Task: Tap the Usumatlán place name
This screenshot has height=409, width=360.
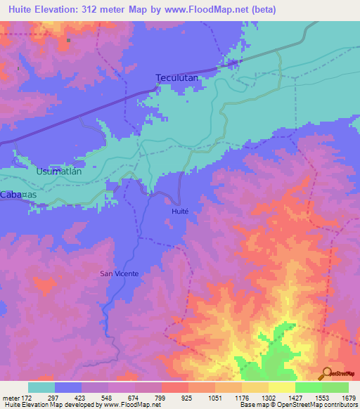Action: (59, 171)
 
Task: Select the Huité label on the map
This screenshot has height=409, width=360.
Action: (180, 210)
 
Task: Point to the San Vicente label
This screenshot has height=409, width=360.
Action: (117, 274)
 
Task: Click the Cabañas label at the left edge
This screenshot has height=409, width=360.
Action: (19, 195)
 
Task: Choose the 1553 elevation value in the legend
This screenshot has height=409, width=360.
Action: (321, 397)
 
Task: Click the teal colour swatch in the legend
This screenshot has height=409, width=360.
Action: (41, 387)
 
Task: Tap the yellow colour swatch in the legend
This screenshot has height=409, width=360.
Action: (281, 387)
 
